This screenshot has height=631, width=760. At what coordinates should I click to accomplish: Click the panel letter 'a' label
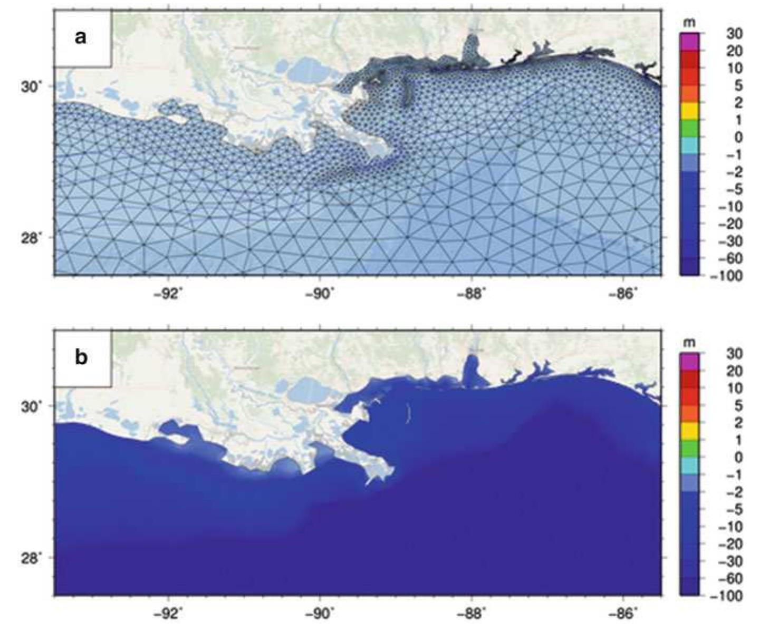point(80,37)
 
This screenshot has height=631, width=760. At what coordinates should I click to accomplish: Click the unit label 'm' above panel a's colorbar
point(688,24)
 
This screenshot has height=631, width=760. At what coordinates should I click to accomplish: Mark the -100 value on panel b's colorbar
point(730,596)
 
